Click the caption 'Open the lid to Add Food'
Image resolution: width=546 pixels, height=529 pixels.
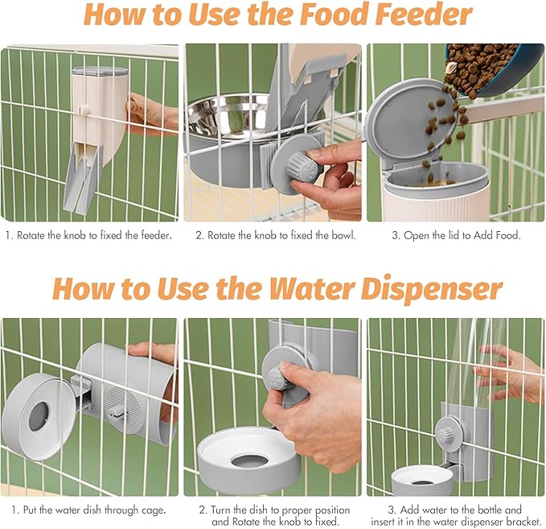[454, 235]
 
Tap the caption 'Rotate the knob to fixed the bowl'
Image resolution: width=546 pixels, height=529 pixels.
[273, 235]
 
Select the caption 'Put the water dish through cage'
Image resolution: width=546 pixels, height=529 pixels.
[89, 510]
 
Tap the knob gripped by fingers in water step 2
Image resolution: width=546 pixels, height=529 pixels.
[283, 370]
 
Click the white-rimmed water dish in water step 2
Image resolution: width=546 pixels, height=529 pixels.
[248, 459]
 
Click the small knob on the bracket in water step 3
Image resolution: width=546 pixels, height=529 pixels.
[444, 434]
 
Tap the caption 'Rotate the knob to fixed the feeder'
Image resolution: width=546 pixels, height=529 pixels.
[89, 235]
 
